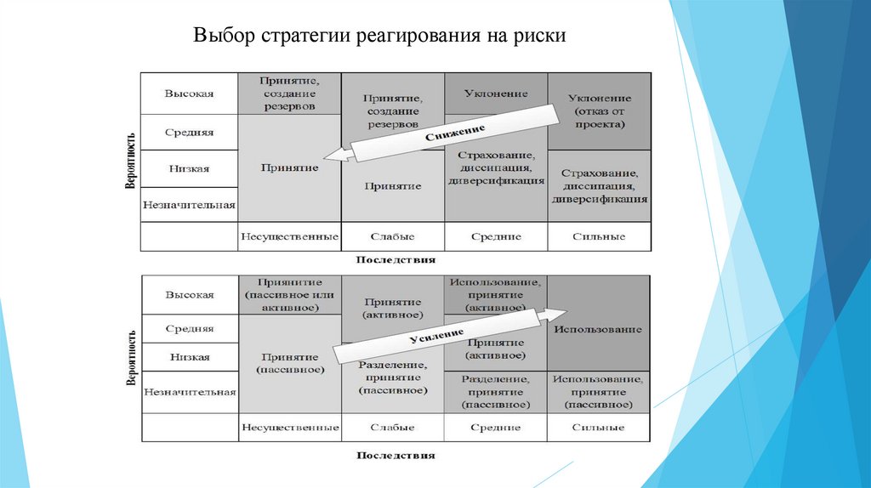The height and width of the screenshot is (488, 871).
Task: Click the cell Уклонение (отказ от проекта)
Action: pyautogui.click(x=599, y=111)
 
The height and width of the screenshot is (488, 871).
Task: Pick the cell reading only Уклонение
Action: pyautogui.click(x=496, y=94)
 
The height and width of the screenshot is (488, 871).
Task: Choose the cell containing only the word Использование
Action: pyautogui.click(x=599, y=328)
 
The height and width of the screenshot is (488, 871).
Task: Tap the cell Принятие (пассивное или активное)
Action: pyautogui.click(x=291, y=294)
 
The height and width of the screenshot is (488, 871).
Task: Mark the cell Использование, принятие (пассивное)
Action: pyautogui.click(x=599, y=392)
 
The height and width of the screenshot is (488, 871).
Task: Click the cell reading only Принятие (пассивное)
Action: pyautogui.click(x=291, y=363)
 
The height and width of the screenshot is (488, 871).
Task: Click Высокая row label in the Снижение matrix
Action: pyautogui.click(x=189, y=94)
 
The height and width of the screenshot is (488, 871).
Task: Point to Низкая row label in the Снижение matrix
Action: pyautogui.click(x=189, y=168)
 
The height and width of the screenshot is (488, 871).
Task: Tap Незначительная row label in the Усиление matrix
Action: pyautogui.click(x=190, y=392)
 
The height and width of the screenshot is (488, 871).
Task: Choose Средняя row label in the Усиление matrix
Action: pyautogui.click(x=189, y=328)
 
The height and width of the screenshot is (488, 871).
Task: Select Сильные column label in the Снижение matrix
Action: pyautogui.click(x=599, y=236)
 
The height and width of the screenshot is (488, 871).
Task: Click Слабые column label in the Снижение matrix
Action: pyautogui.click(x=392, y=236)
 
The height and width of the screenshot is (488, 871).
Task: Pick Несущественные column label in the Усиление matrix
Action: pyautogui.click(x=291, y=427)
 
